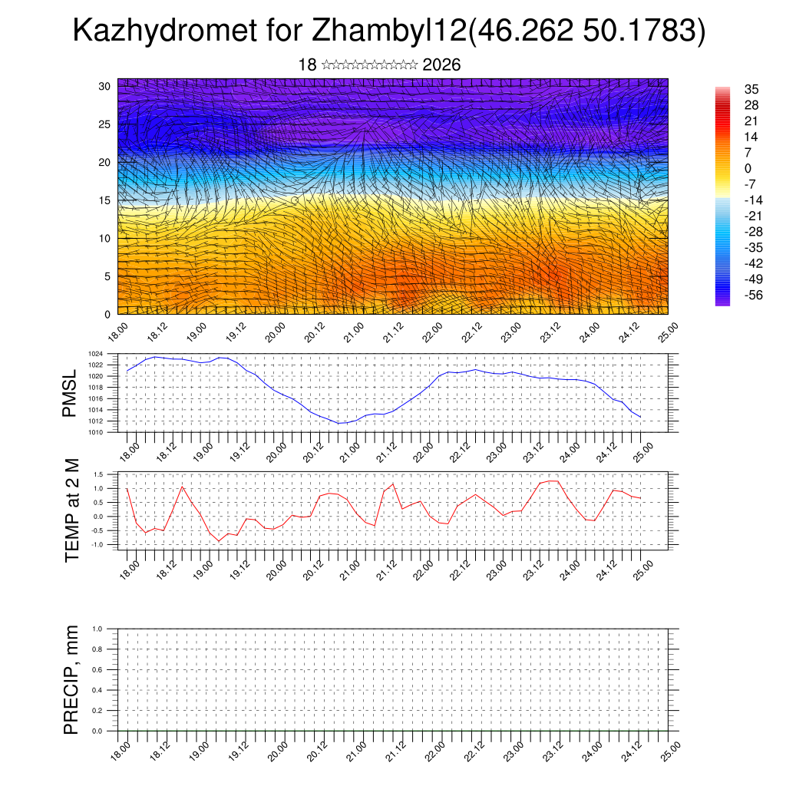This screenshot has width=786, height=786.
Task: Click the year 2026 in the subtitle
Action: [x=441, y=65]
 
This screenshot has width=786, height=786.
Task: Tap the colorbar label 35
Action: [x=751, y=89]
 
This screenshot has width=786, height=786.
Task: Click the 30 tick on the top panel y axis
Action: [x=104, y=86]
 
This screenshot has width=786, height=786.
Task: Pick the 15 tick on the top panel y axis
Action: [x=104, y=200]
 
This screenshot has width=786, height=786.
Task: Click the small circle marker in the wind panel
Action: [x=294, y=200]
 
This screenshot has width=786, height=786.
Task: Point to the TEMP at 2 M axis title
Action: [x=72, y=510]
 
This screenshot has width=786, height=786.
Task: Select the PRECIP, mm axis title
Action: [x=71, y=680]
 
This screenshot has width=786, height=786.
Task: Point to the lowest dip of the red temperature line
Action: [x=219, y=541]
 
